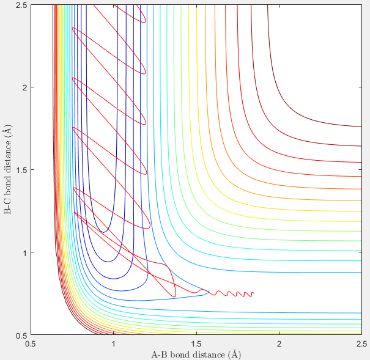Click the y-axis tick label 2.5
click(x=21, y=5)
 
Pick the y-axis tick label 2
click(x=24, y=87)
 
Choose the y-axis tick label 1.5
click(x=21, y=170)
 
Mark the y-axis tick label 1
click(x=24, y=252)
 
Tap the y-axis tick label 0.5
click(x=21, y=335)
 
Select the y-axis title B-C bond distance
click(x=7, y=170)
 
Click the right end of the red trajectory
click(x=253, y=293)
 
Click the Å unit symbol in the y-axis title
click(x=7, y=131)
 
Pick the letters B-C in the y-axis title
click(x=7, y=206)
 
